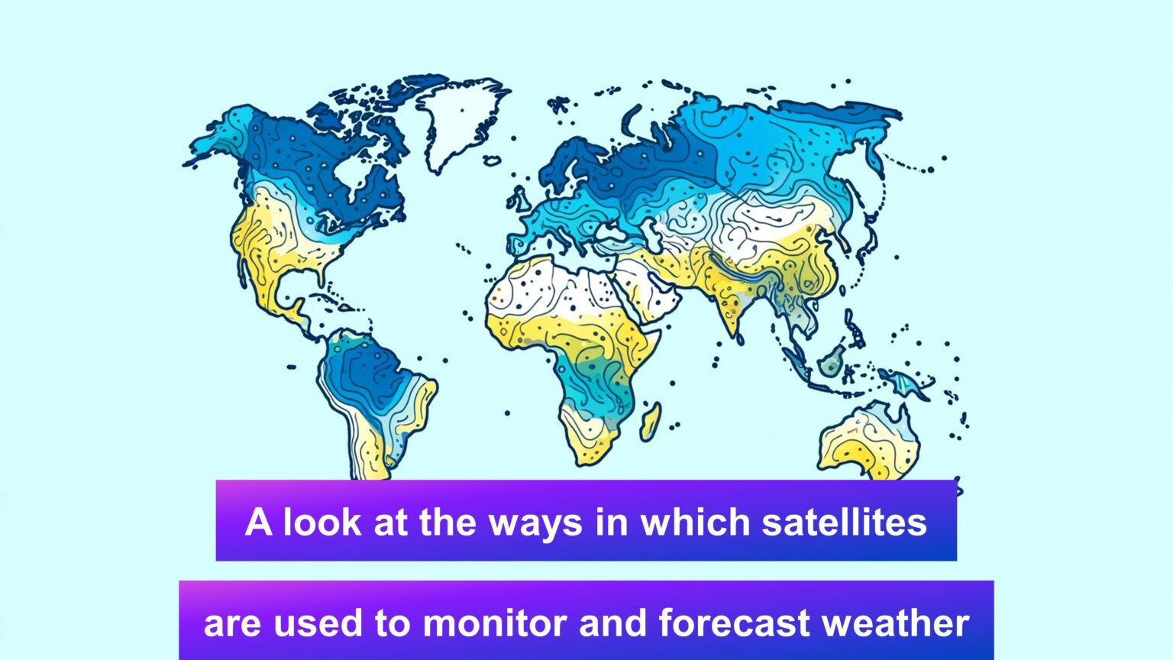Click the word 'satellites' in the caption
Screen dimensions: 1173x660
[x=844, y=522]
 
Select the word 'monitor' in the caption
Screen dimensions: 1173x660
[x=496, y=623]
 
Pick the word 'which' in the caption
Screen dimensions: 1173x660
[x=696, y=522]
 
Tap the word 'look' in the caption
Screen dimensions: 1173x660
[x=322, y=522]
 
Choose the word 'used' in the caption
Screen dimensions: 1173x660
[x=318, y=623]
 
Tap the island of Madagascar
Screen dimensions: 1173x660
[x=651, y=422]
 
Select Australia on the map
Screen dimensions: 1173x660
[x=868, y=442]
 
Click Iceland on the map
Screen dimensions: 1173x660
[x=492, y=160]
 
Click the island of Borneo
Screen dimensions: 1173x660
[x=832, y=361]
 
